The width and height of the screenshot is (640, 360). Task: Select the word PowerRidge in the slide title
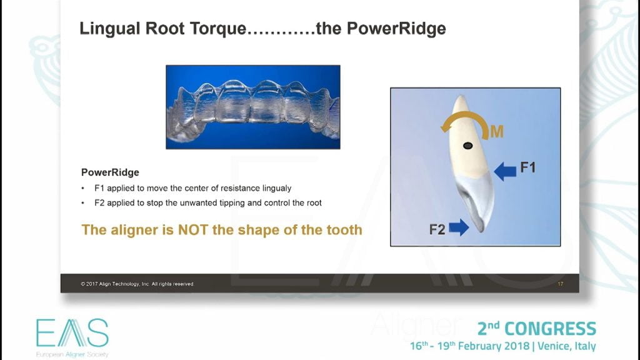pyautogui.click(x=396, y=29)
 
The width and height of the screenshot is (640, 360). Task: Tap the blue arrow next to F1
pyautogui.click(x=505, y=171)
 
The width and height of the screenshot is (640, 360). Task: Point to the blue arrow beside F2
pyautogui.click(x=459, y=227)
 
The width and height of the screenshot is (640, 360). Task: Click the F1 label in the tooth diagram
pyautogui.click(x=527, y=167)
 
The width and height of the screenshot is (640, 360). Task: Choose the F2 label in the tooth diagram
pyautogui.click(x=437, y=229)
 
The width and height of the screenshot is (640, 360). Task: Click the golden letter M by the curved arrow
pyautogui.click(x=497, y=132)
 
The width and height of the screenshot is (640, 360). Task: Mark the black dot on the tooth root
pyautogui.click(x=467, y=146)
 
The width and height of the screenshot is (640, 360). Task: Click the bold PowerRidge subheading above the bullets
pyautogui.click(x=110, y=172)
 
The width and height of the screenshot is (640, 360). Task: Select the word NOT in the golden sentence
pyautogui.click(x=193, y=230)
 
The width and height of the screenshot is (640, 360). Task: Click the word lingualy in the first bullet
pyautogui.click(x=276, y=188)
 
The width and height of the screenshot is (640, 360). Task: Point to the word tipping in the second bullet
pyautogui.click(x=233, y=203)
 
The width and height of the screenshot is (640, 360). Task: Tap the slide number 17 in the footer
pyautogui.click(x=561, y=284)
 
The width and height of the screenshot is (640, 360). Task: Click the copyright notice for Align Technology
pyautogui.click(x=137, y=284)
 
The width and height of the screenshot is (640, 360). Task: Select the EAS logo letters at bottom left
pyautogui.click(x=72, y=333)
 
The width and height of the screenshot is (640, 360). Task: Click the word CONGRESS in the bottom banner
pyautogui.click(x=550, y=329)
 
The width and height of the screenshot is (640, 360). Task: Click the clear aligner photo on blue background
pyautogui.click(x=253, y=107)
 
